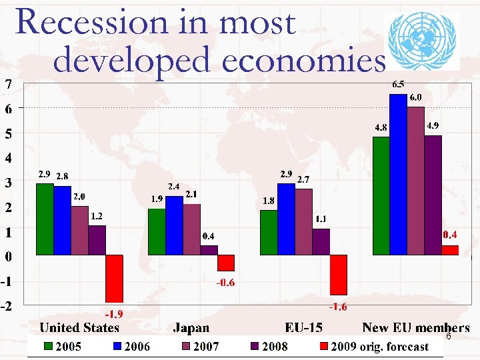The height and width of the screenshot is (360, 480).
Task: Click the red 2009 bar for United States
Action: click(114, 279)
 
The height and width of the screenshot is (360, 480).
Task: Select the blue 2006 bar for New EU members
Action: click(398, 175)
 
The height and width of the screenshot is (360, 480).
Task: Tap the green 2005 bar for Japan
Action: click(157, 231)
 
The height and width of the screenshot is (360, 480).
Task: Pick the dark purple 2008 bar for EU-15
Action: click(321, 241)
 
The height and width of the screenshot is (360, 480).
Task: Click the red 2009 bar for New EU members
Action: click(450, 250)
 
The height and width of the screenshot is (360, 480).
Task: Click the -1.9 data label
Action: click(113, 313)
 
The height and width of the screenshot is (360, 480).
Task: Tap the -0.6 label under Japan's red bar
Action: click(225, 283)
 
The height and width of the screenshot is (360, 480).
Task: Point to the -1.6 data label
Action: click(338, 306)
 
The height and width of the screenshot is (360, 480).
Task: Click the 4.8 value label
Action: click(381, 127)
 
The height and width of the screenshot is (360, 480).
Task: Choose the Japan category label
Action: click(191, 327)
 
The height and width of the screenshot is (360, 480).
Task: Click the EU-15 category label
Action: click(305, 327)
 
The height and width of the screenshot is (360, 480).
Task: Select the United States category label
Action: click(79, 327)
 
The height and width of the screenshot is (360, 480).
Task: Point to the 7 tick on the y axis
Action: click(7, 84)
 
